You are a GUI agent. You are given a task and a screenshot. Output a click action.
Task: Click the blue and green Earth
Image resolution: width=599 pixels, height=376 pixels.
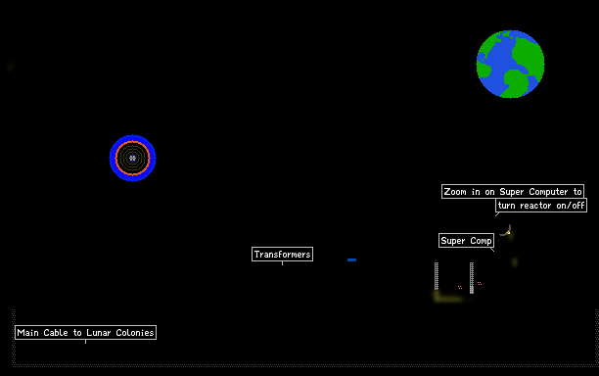(510, 65)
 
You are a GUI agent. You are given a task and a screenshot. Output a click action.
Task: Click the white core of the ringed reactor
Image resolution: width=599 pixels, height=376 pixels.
(132, 158)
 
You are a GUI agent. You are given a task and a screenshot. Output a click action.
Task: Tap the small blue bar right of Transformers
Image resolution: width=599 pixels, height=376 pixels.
(351, 259)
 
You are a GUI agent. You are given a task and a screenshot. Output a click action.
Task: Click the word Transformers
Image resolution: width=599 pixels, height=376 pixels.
(282, 255)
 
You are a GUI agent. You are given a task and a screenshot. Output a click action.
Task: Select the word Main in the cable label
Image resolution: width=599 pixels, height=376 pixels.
(27, 333)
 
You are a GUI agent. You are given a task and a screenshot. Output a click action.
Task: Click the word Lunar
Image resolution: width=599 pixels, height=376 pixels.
(98, 333)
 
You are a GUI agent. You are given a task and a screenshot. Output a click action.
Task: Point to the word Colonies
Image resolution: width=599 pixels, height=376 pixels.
(135, 333)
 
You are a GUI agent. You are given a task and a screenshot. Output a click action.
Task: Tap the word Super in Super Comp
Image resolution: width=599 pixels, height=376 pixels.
(453, 241)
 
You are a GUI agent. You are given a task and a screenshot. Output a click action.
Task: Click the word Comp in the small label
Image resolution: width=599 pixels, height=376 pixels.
(481, 241)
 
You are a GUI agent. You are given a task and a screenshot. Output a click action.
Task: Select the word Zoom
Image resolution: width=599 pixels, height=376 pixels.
(455, 192)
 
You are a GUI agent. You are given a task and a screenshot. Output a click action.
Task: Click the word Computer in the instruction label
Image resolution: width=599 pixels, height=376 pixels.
(548, 192)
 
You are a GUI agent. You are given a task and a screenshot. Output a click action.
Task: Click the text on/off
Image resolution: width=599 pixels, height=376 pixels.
(571, 206)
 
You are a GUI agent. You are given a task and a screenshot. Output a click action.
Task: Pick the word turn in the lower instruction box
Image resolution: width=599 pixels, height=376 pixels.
(507, 206)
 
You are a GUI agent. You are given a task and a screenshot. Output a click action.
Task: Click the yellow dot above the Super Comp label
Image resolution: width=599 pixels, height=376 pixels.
(508, 232)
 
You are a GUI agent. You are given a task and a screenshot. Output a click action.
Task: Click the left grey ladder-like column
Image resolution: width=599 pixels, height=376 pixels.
(437, 276)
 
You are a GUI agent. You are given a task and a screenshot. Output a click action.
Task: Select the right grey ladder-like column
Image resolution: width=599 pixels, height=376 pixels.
(472, 278)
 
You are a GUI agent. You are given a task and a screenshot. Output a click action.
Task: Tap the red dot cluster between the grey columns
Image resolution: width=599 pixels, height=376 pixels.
(460, 287)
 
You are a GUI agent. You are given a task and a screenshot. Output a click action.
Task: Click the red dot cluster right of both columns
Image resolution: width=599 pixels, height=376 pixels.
(480, 284)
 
